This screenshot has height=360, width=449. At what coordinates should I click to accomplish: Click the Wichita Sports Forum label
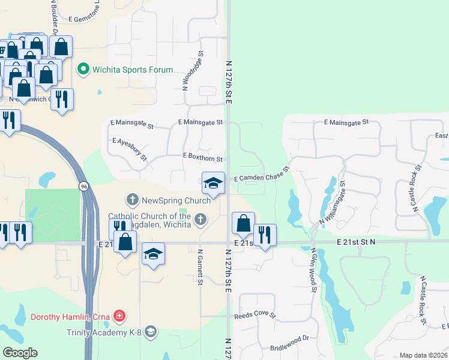coord(132,70)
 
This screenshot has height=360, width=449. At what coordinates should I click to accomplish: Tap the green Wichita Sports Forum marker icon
coord(84,70)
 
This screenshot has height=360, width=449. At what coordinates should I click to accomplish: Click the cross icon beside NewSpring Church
coord(132,199)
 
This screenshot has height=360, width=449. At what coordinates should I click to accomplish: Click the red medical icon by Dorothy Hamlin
coord(120,316)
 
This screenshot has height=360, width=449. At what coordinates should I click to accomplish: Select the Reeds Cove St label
coord(255,315)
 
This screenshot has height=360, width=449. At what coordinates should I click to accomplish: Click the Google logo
coord(20,353)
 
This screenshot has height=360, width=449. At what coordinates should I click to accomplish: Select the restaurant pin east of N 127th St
coord(264,235)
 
